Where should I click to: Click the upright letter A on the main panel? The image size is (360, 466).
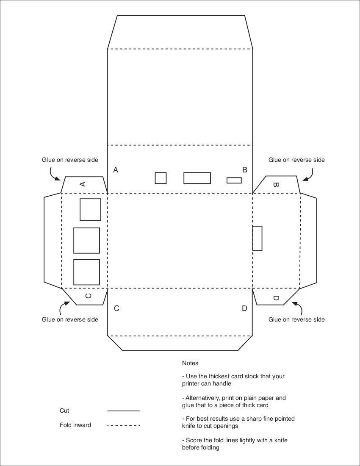pyautogui.click(x=116, y=170)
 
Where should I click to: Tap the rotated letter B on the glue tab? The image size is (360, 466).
pyautogui.click(x=275, y=185)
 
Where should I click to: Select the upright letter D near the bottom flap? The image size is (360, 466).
pyautogui.click(x=244, y=308)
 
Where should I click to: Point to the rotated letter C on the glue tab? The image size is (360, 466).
pyautogui.click(x=88, y=296)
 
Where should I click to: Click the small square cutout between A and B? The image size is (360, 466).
pyautogui.click(x=161, y=178)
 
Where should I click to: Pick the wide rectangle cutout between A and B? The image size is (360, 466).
pyautogui.click(x=197, y=178)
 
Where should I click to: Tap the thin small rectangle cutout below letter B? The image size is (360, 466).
pyautogui.click(x=234, y=180)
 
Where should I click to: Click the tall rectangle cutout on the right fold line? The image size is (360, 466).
pyautogui.click(x=257, y=239)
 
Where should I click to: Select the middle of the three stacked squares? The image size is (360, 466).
pyautogui.click(x=86, y=241)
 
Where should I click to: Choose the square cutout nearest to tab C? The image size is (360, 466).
pyautogui.click(x=86, y=272)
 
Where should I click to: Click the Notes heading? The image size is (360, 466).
pyautogui.click(x=190, y=363)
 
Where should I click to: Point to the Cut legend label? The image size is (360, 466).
pyautogui.click(x=64, y=411)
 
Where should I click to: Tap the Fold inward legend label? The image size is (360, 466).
pyautogui.click(x=75, y=425)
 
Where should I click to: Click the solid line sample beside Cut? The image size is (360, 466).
pyautogui.click(x=123, y=411)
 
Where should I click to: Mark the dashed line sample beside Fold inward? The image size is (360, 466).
pyautogui.click(x=123, y=426)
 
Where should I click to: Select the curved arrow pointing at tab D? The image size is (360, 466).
pyautogui.click(x=299, y=307)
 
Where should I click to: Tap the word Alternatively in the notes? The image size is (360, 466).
pyautogui.click(x=202, y=398)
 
